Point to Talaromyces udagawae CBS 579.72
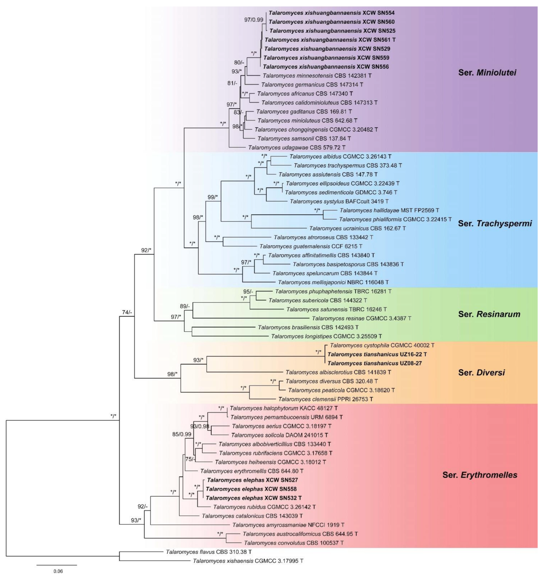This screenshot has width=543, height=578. [x=297, y=147]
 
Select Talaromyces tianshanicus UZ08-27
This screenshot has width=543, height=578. [x=375, y=363]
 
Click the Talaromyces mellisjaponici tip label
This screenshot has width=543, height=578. [x=333, y=282]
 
